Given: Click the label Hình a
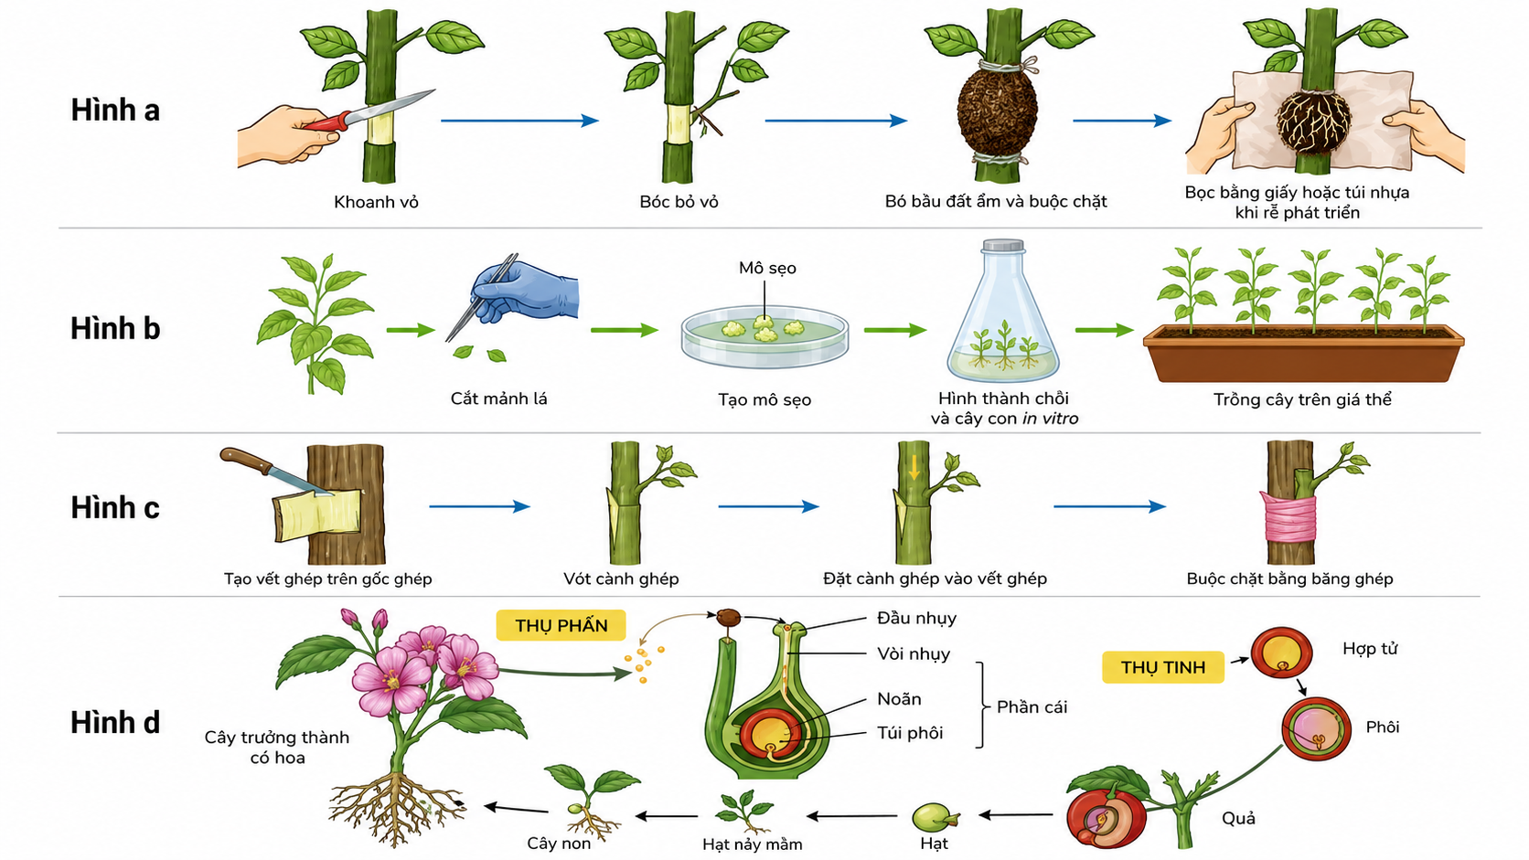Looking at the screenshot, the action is click(x=115, y=111).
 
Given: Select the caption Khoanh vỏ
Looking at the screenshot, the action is click(x=376, y=202).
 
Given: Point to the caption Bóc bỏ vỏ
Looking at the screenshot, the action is click(x=679, y=202).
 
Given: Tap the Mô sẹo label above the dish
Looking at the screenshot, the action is click(x=767, y=268).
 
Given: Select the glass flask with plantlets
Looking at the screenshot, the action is click(x=1003, y=311).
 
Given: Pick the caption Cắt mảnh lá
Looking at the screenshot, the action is click(x=499, y=399).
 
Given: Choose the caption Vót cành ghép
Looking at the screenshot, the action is click(x=621, y=579).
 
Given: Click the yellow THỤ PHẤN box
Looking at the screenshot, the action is click(x=561, y=625).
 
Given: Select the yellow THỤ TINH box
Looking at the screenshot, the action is click(x=1163, y=667).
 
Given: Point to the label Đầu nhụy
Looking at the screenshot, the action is click(x=916, y=619).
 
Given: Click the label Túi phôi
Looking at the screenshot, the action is click(x=910, y=733).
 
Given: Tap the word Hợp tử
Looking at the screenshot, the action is click(x=1370, y=649).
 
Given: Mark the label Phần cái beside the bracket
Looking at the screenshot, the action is click(x=1032, y=707).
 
